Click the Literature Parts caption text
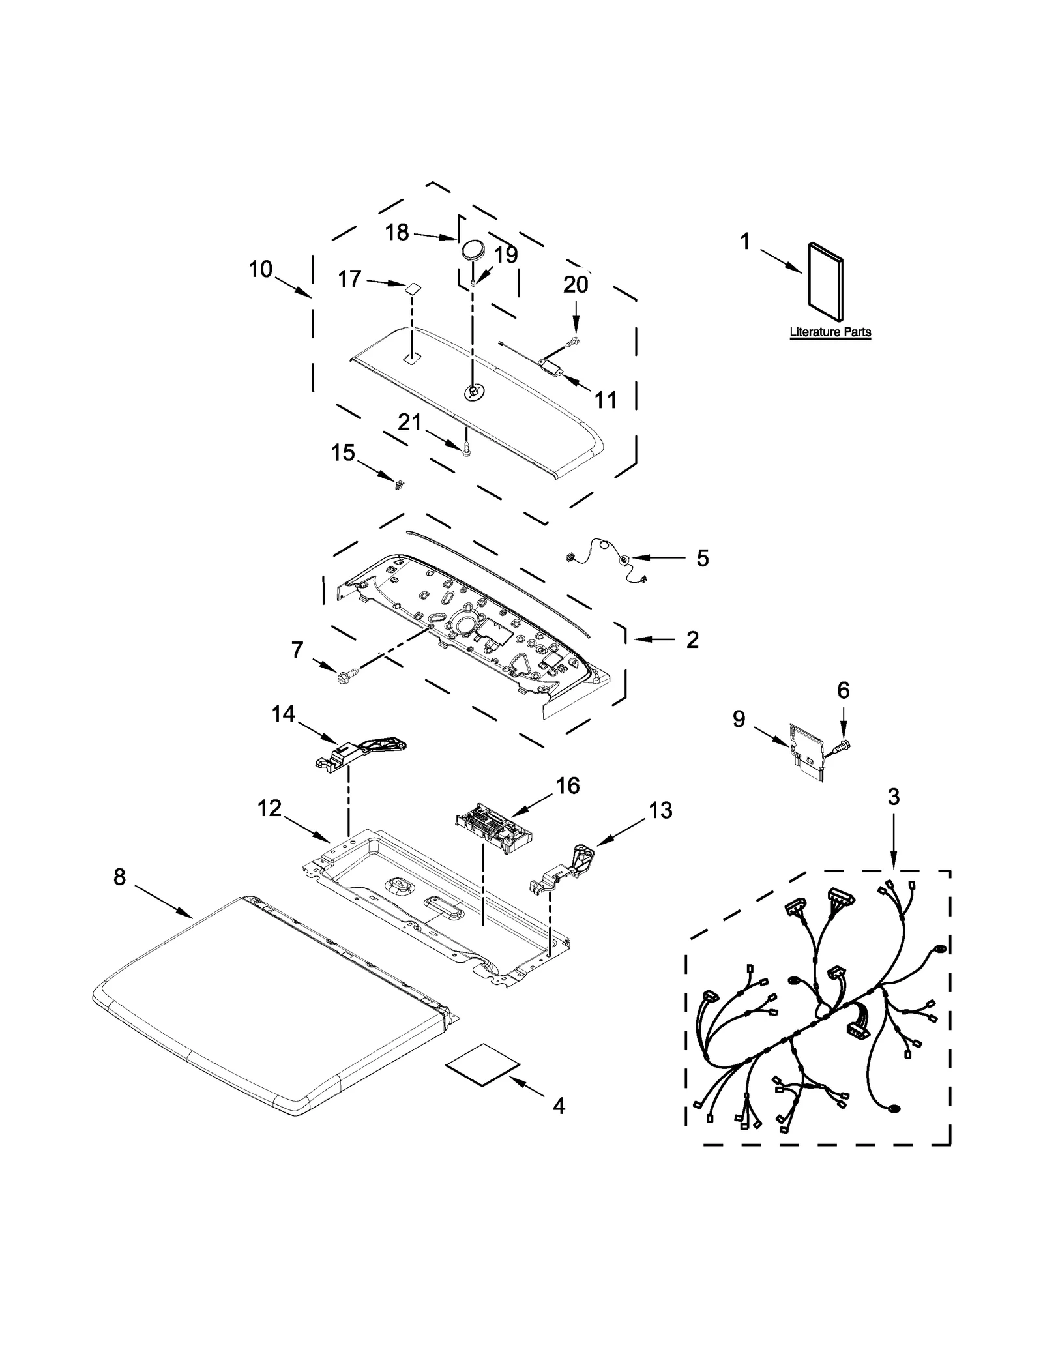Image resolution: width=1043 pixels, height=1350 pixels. tap(830, 332)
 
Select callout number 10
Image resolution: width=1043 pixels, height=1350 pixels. tap(260, 269)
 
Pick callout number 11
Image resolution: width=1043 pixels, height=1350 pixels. tap(606, 400)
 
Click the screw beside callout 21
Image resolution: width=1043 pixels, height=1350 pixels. tap(465, 448)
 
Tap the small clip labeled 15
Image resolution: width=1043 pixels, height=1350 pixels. tap(397, 483)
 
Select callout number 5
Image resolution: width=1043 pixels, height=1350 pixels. tap(702, 558)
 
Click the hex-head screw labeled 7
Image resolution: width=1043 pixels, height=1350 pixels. tap(342, 678)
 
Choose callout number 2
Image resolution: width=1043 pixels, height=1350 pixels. tap(692, 639)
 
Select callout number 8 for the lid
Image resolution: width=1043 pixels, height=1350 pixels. tap(119, 877)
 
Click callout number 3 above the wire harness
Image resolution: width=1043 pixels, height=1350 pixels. tap(893, 797)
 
